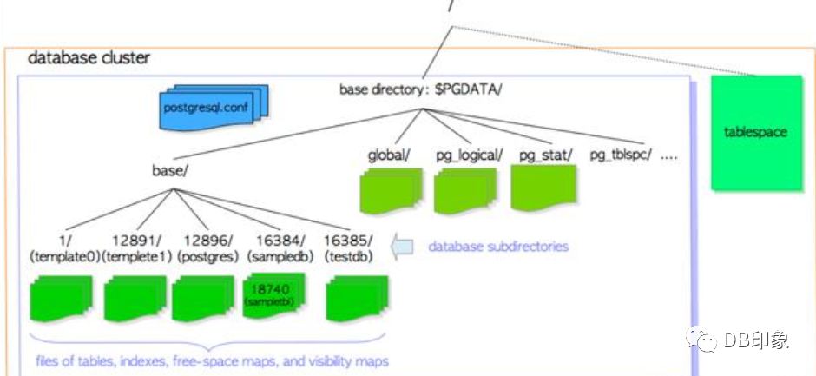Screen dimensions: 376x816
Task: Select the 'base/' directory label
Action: coord(170,170)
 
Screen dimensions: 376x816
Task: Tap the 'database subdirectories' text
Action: coord(497,247)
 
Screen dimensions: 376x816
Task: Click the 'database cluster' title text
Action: coord(89,58)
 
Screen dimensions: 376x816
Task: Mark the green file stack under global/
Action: coord(392,189)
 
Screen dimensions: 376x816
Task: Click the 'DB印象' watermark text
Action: coord(755,340)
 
